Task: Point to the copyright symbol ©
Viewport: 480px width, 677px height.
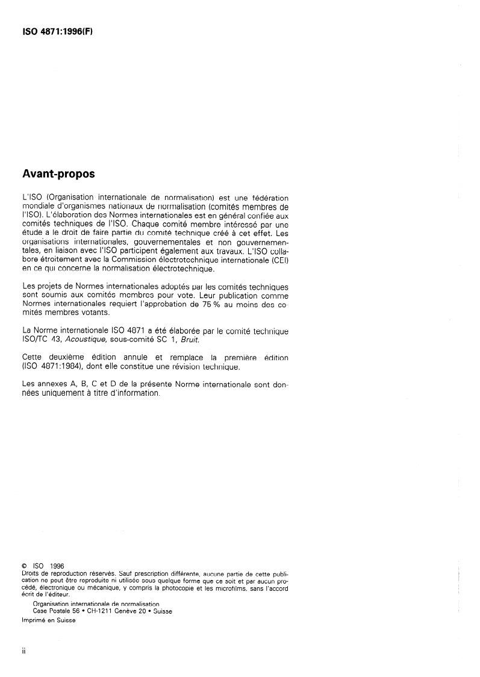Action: click(23, 566)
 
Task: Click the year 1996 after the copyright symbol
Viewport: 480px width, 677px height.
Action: click(57, 566)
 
